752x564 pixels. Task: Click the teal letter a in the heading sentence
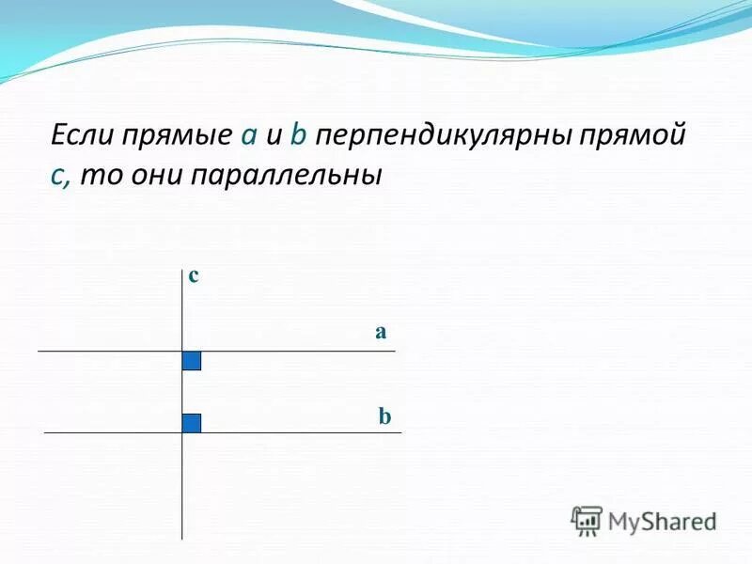[249, 137]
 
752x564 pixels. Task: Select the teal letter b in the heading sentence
[298, 136]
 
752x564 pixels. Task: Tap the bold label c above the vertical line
[194, 275]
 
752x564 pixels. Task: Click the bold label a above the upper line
[381, 332]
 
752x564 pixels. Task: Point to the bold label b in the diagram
[384, 415]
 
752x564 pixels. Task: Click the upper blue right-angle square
[192, 361]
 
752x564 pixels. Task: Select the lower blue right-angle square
[192, 423]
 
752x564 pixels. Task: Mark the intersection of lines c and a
[182, 352]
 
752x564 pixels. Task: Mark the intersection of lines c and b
[182, 432]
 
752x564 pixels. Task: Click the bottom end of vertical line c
[182, 538]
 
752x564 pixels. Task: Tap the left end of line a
[39, 352]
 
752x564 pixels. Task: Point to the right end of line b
[400, 432]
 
